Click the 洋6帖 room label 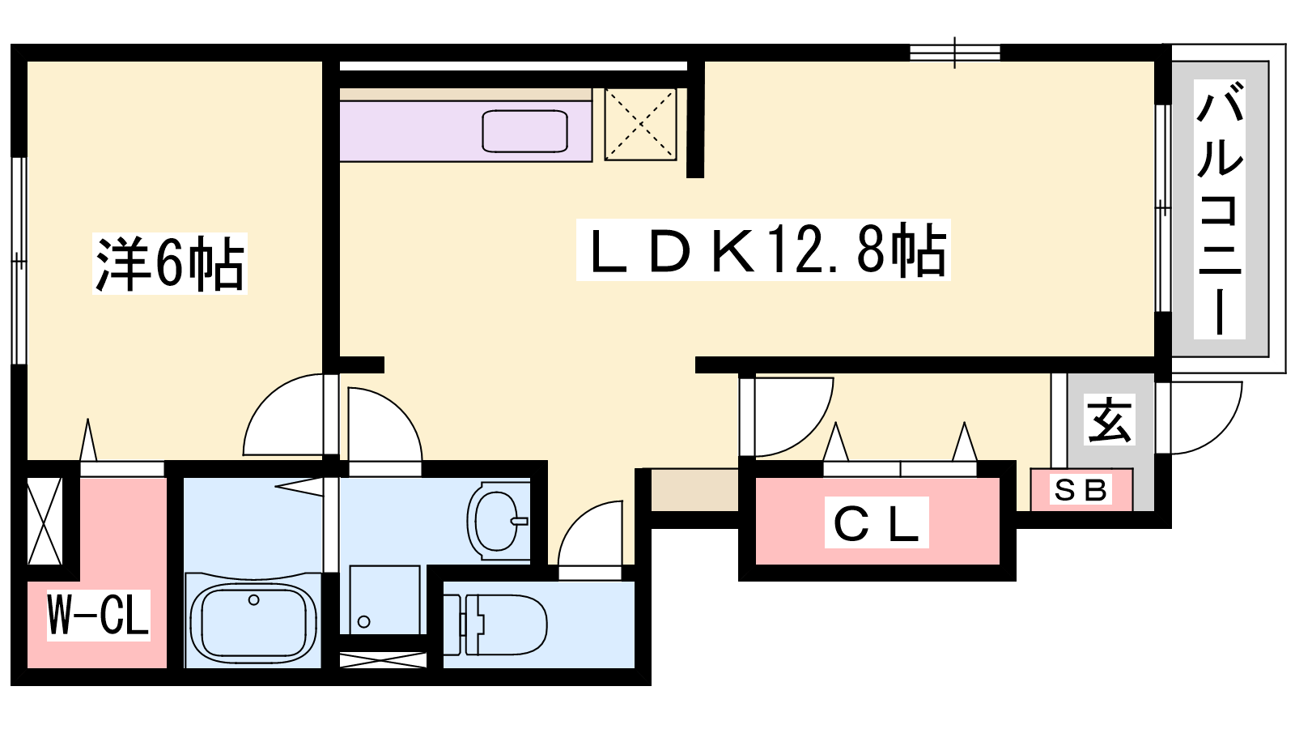tap(170, 263)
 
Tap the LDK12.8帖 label tap(763, 250)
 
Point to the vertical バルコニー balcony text tap(1219, 209)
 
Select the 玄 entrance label tap(1110, 420)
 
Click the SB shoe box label tap(1081, 491)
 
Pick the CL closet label tap(877, 522)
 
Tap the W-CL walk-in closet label tap(98, 615)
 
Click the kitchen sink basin tap(525, 131)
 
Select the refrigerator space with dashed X tap(640, 125)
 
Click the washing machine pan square tap(384, 600)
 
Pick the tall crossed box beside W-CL tap(45, 522)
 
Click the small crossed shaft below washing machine tap(383, 660)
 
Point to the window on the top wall tap(954, 53)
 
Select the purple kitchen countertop tap(465, 131)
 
